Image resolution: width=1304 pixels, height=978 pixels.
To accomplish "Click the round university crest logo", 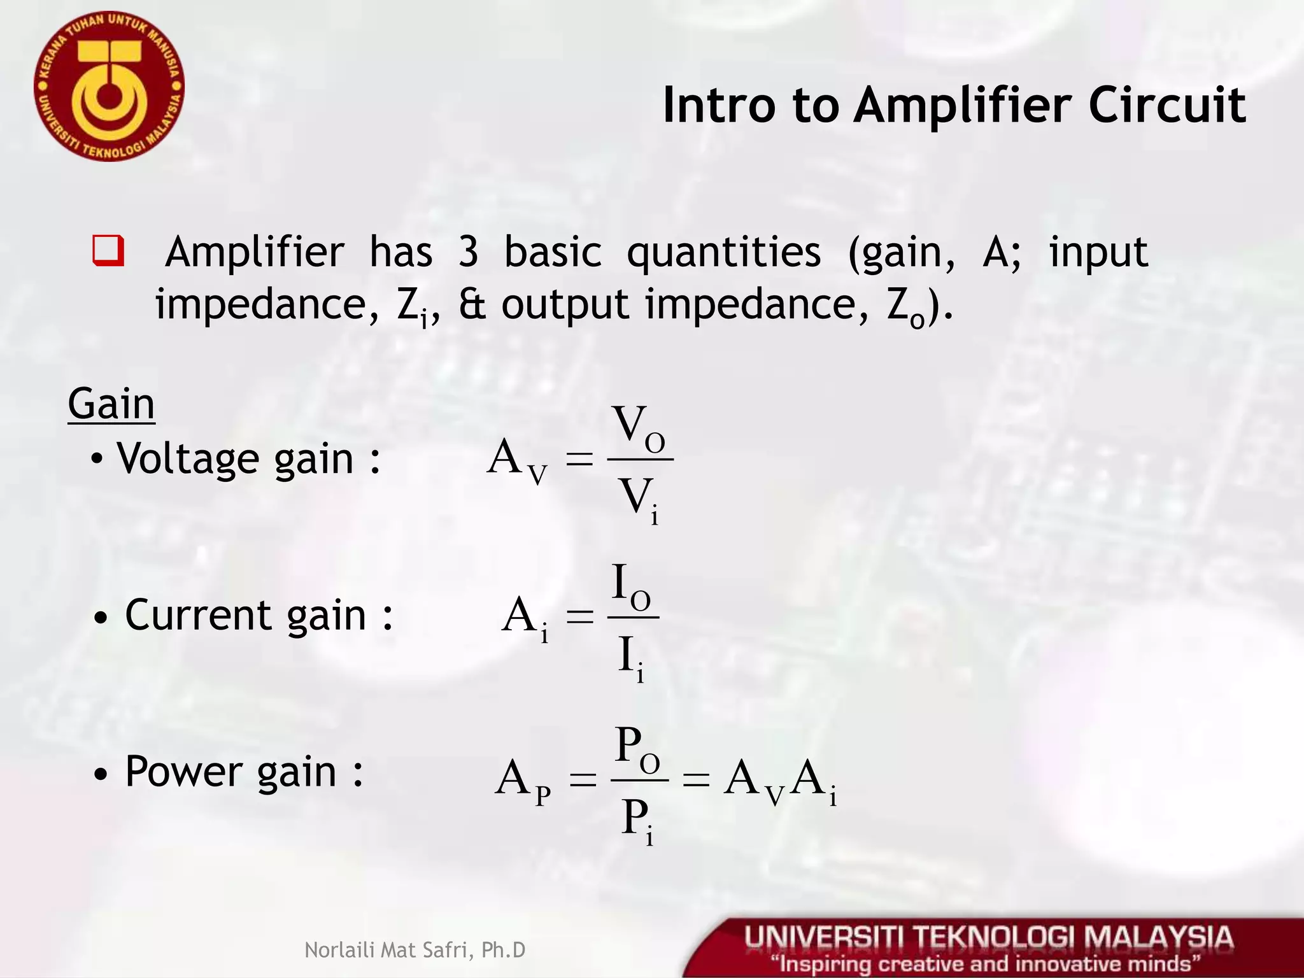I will pos(109,87).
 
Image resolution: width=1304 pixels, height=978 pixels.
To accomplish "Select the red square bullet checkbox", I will pos(108,251).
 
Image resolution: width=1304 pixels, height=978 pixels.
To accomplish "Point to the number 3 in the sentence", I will pos(468,252).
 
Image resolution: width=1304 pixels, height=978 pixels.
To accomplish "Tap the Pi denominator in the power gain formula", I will pos(637,818).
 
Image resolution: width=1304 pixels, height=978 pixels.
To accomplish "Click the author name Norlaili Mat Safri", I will pos(415,950).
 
